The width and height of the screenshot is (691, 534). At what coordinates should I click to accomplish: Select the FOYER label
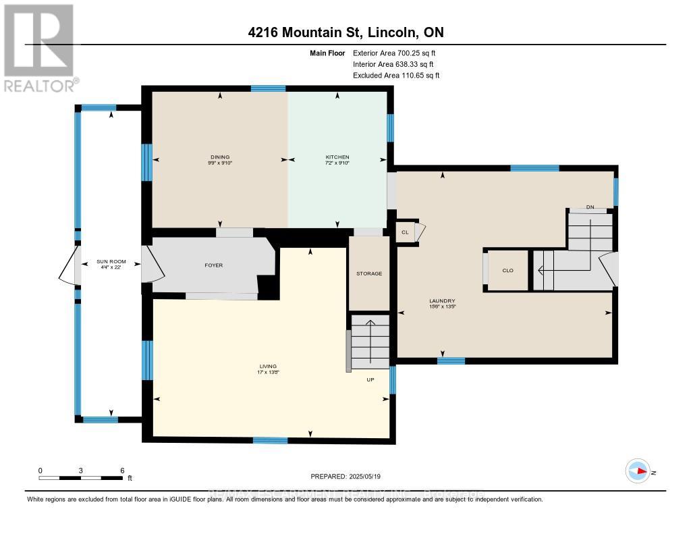[x=213, y=265]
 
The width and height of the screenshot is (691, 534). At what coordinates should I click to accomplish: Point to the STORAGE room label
[x=369, y=273]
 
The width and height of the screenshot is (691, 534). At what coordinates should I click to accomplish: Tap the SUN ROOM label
[x=111, y=263]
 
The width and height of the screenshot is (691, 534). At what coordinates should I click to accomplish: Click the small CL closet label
[x=405, y=232]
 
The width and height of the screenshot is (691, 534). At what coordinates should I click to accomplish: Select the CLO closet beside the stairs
[x=508, y=270]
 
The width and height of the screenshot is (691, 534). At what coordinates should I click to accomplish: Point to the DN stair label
[x=590, y=207]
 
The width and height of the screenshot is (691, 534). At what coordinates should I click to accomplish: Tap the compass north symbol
[x=637, y=472]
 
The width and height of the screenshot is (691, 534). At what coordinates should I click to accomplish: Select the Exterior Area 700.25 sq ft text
[x=399, y=53]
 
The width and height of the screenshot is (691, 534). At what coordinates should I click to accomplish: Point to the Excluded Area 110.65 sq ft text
[x=396, y=76]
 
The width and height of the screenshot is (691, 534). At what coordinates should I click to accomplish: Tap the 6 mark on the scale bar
[x=122, y=470]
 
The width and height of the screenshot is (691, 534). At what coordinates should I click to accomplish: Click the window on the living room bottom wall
[x=270, y=441]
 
